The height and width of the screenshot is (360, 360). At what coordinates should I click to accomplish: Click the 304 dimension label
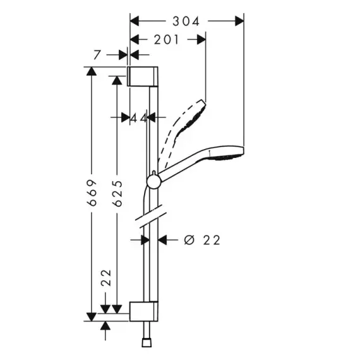[186, 21]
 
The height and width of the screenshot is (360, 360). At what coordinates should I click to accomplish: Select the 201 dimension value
[166, 40]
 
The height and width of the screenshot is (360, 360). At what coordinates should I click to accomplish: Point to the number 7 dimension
[97, 55]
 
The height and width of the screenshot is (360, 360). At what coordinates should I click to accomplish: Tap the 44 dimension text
[139, 119]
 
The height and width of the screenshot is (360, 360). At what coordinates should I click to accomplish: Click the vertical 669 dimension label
[92, 193]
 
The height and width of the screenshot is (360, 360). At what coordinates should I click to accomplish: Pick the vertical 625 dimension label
[117, 193]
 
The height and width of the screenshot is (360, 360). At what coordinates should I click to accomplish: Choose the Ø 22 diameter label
[202, 240]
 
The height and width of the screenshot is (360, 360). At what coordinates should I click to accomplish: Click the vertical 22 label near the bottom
[106, 278]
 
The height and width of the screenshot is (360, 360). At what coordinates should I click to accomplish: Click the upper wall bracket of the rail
[143, 76]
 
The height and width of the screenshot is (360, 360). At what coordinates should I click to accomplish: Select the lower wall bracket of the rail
[144, 311]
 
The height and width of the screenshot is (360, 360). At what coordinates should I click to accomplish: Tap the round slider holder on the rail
[154, 182]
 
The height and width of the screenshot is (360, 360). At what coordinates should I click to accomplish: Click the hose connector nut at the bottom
[147, 343]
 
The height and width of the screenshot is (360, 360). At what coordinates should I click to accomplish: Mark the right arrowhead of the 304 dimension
[239, 21]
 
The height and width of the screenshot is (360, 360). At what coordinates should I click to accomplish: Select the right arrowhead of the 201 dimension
[201, 40]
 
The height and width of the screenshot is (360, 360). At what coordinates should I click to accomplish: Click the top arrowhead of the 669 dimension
[92, 71]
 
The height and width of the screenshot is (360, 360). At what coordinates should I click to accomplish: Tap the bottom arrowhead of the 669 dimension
[92, 317]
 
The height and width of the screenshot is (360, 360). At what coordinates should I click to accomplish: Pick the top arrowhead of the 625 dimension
[117, 80]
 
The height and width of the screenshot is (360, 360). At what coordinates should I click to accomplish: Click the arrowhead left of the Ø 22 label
[162, 240]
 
